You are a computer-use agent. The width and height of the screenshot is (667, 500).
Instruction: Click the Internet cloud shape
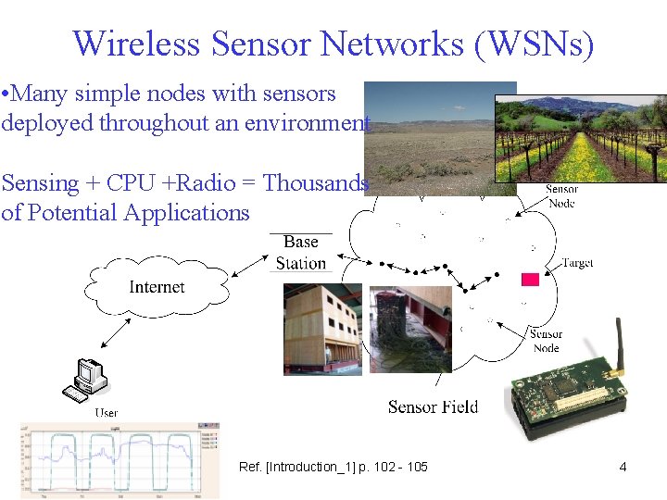click(157, 287)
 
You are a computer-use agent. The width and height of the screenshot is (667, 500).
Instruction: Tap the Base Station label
click(301, 252)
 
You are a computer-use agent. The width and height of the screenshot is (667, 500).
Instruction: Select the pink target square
click(530, 279)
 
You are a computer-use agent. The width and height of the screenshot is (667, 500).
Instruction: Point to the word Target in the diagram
click(577, 263)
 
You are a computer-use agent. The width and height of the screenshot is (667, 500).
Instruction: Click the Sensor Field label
click(433, 406)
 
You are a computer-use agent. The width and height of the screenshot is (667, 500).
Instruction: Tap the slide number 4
click(623, 467)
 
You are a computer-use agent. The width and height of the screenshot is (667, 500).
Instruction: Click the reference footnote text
click(333, 467)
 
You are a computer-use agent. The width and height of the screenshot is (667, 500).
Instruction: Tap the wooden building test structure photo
click(322, 330)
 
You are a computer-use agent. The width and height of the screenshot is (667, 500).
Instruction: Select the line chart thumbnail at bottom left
click(120, 460)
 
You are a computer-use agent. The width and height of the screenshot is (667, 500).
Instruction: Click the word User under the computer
click(106, 412)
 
